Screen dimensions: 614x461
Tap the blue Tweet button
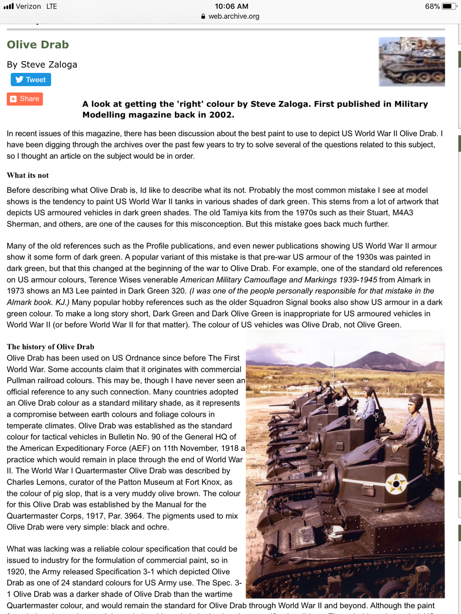(31, 80)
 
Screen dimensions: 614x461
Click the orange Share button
(25, 99)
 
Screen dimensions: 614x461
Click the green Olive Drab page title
(38, 45)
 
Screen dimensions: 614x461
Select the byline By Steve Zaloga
(42, 64)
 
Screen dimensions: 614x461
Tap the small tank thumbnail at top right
(412, 61)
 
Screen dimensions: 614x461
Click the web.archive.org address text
(234, 16)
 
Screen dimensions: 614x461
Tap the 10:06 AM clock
(231, 6)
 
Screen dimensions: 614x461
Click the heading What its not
(28, 175)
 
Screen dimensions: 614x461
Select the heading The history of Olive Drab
(50, 346)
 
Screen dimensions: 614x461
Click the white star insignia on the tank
(396, 484)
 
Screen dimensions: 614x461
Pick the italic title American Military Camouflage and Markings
(279, 280)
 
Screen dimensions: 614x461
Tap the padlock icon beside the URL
(203, 16)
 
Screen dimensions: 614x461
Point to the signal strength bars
(8, 6)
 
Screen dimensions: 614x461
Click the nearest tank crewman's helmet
(415, 402)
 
